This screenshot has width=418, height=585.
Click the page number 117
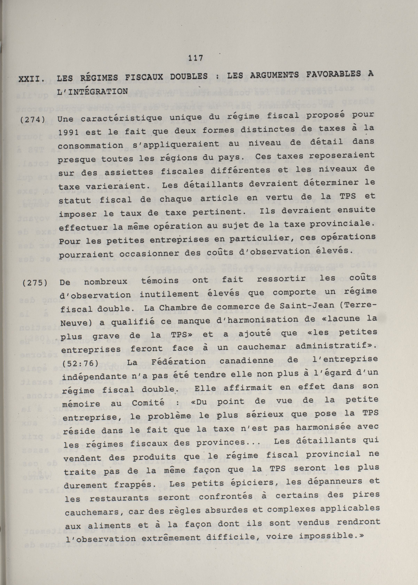pos(195,58)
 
